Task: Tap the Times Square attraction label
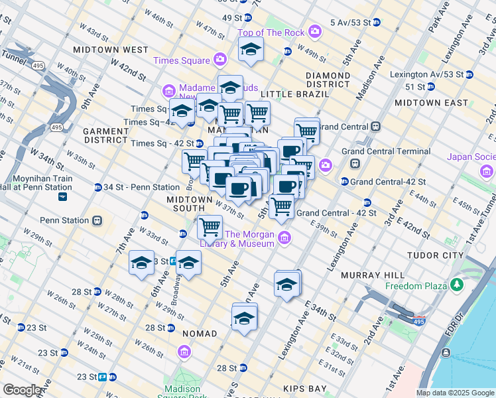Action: [x=181, y=60]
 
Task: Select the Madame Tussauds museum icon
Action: [x=168, y=90]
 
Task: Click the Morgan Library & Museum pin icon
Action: [x=284, y=237]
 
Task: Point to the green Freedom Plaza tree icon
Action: [x=456, y=285]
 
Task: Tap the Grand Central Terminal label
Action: [x=385, y=151]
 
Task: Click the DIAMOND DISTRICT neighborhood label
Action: [x=328, y=80]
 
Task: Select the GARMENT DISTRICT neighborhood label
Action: [x=105, y=135]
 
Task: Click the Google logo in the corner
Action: [x=23, y=390]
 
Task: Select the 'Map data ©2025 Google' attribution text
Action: [x=455, y=393]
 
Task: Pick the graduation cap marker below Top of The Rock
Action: [x=250, y=50]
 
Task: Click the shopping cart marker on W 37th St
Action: [x=210, y=227]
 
